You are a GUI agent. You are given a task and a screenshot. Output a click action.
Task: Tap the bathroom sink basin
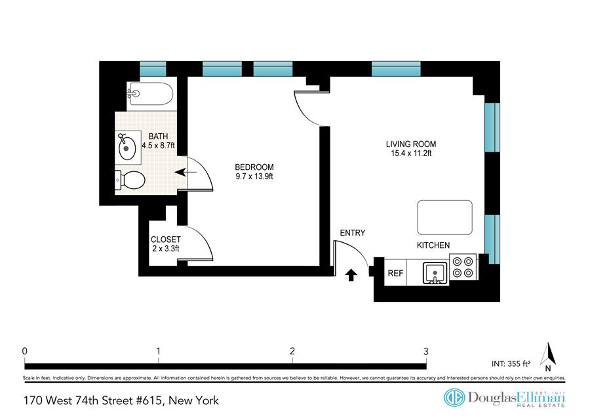127,148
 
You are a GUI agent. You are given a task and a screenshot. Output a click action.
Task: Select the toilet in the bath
130,180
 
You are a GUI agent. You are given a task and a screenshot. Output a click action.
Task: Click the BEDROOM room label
254,167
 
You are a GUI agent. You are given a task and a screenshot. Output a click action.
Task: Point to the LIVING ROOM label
411,144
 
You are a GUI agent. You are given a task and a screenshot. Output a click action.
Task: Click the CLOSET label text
166,240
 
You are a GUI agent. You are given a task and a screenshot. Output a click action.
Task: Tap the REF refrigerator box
395,272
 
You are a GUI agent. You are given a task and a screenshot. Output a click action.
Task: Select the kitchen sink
435,272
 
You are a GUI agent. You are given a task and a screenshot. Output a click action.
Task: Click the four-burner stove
463,267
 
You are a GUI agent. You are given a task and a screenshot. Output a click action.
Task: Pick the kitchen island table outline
444,217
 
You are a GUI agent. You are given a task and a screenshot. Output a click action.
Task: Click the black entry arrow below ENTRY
351,275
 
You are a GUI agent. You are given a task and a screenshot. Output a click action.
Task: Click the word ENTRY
353,233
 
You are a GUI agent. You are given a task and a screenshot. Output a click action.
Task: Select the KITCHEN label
433,245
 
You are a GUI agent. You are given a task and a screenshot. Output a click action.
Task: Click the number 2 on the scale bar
292,351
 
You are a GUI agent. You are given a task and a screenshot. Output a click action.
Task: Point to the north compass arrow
548,354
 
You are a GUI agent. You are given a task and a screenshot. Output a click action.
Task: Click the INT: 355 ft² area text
511,364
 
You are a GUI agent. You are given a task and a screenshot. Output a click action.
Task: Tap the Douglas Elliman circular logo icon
454,398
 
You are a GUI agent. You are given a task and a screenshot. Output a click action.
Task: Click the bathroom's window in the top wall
153,69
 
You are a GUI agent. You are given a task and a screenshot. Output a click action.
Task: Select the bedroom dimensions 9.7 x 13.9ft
254,177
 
